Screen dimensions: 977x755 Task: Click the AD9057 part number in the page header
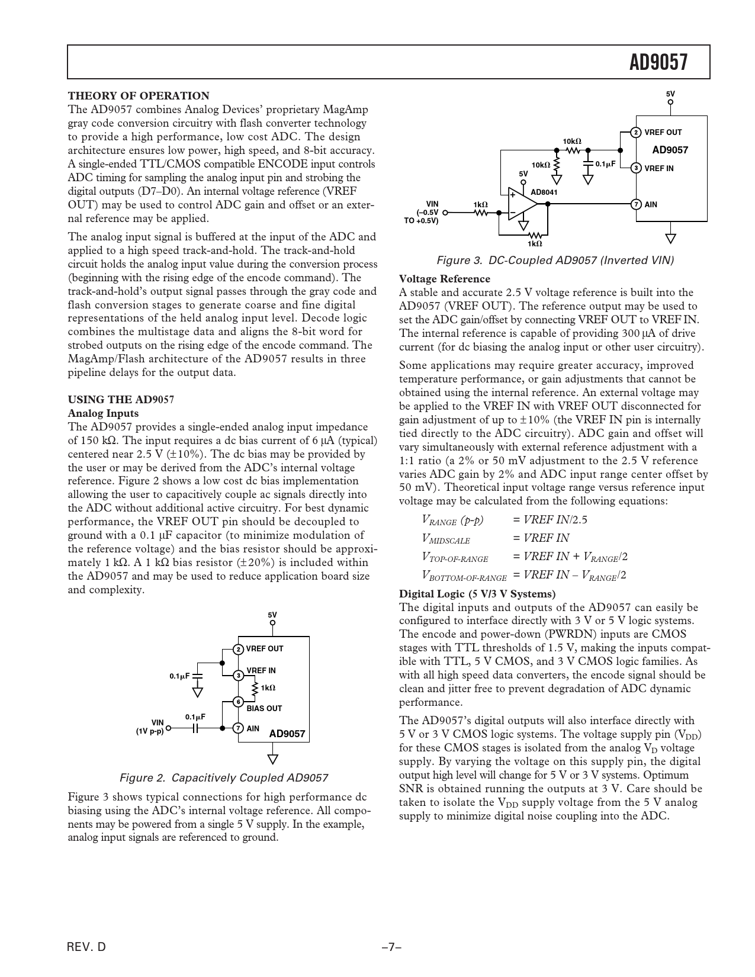tap(658, 62)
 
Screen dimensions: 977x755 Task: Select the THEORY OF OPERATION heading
tap(139, 96)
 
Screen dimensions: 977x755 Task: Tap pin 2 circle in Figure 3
tap(635, 133)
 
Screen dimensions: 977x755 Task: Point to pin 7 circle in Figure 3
tap(635, 204)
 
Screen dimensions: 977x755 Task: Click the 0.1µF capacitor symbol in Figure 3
tap(588, 163)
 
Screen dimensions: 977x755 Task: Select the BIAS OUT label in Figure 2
tap(264, 708)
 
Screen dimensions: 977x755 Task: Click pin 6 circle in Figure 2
tap(237, 702)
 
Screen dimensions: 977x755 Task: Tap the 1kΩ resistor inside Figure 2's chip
tap(255, 687)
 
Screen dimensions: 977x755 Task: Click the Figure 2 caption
tap(224, 777)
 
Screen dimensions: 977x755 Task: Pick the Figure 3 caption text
tap(555, 261)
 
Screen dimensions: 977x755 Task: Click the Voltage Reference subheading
tap(444, 279)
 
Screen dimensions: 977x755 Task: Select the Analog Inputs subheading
tap(103, 413)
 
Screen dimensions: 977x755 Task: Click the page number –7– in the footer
tap(391, 947)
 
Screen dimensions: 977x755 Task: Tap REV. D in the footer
tap(86, 947)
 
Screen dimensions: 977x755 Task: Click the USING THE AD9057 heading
tap(121, 400)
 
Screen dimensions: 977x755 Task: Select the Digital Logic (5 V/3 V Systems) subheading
tap(477, 593)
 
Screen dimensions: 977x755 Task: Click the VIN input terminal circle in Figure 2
tap(169, 728)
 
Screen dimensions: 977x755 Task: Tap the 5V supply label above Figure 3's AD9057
tap(670, 94)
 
